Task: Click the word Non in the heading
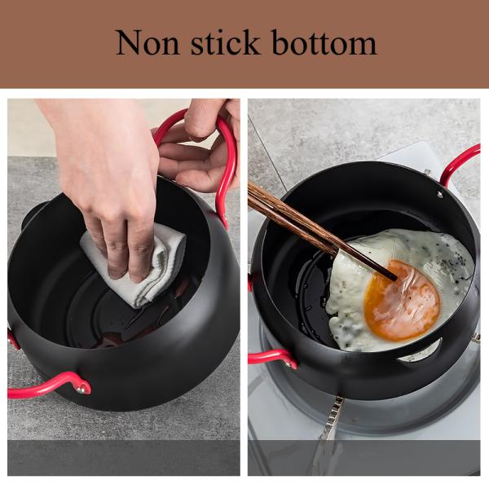[149, 42]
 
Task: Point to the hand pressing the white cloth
[114, 179]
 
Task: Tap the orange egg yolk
[400, 298]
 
